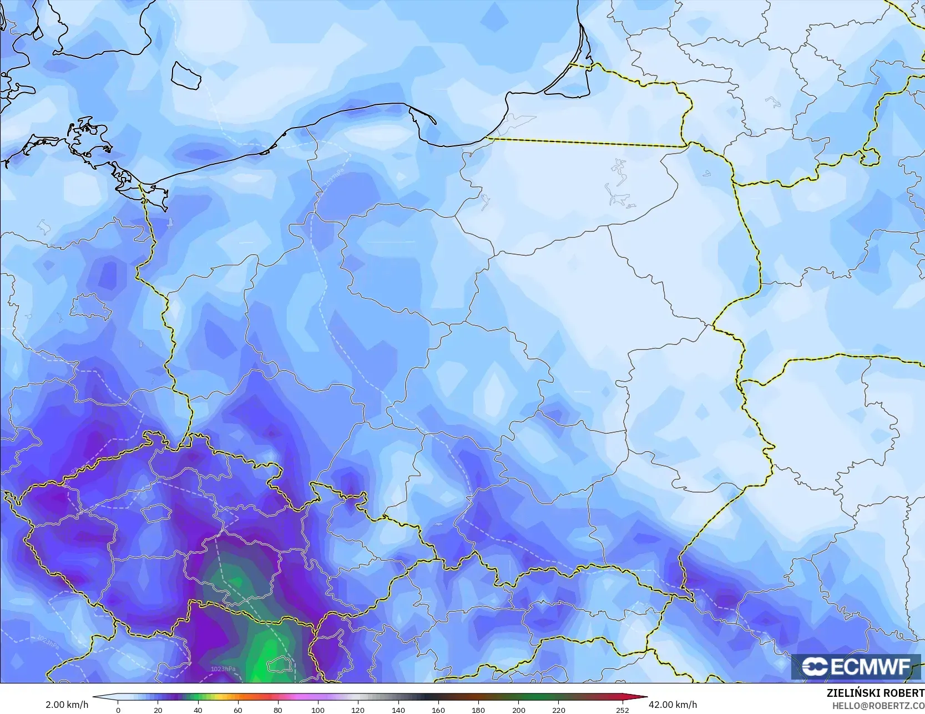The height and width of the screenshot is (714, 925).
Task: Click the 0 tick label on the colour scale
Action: (118, 710)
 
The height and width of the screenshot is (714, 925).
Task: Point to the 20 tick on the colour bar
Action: (158, 710)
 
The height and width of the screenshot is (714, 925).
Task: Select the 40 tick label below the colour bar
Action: (198, 710)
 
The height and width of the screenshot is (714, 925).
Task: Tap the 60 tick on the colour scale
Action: (238, 710)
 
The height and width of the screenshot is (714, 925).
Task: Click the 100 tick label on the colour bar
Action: (318, 710)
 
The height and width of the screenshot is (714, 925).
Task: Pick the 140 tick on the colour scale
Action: (398, 710)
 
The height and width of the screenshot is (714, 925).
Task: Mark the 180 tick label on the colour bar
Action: (478, 710)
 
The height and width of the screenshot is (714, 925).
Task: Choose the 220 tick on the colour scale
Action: (558, 710)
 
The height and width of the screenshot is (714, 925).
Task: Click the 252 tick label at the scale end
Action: (622, 710)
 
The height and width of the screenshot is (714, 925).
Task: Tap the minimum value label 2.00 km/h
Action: (67, 705)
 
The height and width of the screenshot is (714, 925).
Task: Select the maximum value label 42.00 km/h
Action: (673, 705)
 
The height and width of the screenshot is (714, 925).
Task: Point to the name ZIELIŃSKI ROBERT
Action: (875, 693)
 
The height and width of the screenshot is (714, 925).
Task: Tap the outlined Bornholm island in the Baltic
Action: (185, 75)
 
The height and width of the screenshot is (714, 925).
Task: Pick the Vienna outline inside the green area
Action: (275, 664)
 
